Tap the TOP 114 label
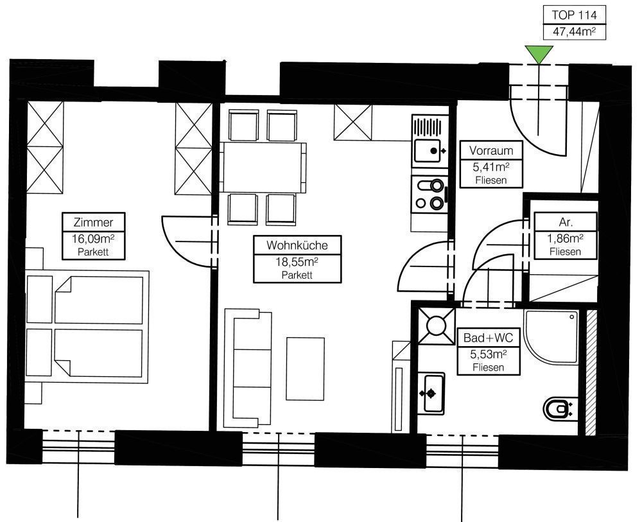574,15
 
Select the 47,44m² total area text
574,32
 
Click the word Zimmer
93,222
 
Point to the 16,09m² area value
93,238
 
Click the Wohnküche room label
297,245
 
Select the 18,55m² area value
297,261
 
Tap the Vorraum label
491,151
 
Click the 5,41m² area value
491,167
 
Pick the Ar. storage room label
566,222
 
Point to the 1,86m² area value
566,238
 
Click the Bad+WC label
488,338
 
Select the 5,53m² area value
488,354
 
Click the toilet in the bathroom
560,408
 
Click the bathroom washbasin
431,394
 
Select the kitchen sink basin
427,151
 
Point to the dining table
263,167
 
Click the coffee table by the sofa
306,369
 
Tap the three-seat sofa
248,368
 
